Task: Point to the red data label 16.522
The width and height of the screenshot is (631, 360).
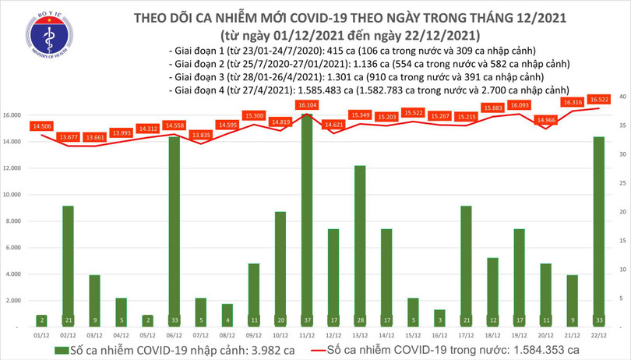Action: click(x=599, y=99)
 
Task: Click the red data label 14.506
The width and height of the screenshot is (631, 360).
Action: click(x=43, y=125)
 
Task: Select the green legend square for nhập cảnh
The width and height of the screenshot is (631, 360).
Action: click(x=62, y=350)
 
